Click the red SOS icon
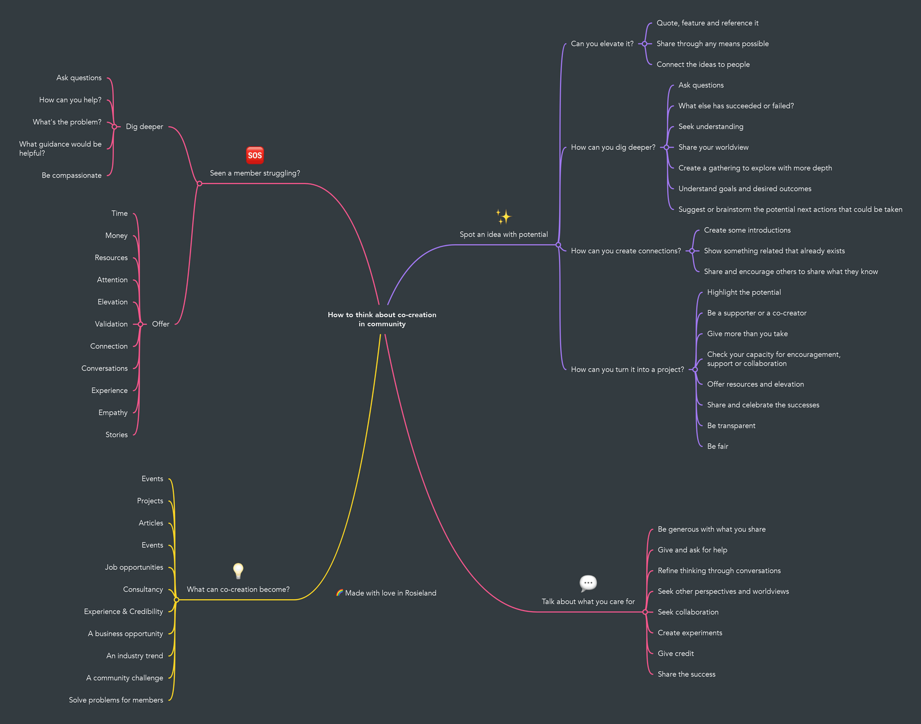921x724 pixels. (255, 155)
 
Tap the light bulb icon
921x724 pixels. (238, 571)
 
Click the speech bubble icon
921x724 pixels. (588, 583)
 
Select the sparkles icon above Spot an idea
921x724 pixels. (504, 216)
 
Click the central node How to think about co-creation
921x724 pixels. (382, 319)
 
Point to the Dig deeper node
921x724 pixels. (144, 127)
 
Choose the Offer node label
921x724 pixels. (161, 324)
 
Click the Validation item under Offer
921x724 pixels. (111, 324)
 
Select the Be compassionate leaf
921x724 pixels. (71, 176)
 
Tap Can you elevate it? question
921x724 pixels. (602, 44)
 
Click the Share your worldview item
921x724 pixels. (713, 147)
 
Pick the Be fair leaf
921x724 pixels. (717, 446)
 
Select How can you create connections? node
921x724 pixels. (626, 251)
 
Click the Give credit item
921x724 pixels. (676, 653)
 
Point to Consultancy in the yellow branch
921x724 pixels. (143, 589)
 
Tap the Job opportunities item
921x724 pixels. (134, 567)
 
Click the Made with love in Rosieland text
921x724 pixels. (390, 593)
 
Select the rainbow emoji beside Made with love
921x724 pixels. (340, 592)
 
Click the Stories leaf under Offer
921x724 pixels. (116, 435)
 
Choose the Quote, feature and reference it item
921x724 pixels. (707, 23)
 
